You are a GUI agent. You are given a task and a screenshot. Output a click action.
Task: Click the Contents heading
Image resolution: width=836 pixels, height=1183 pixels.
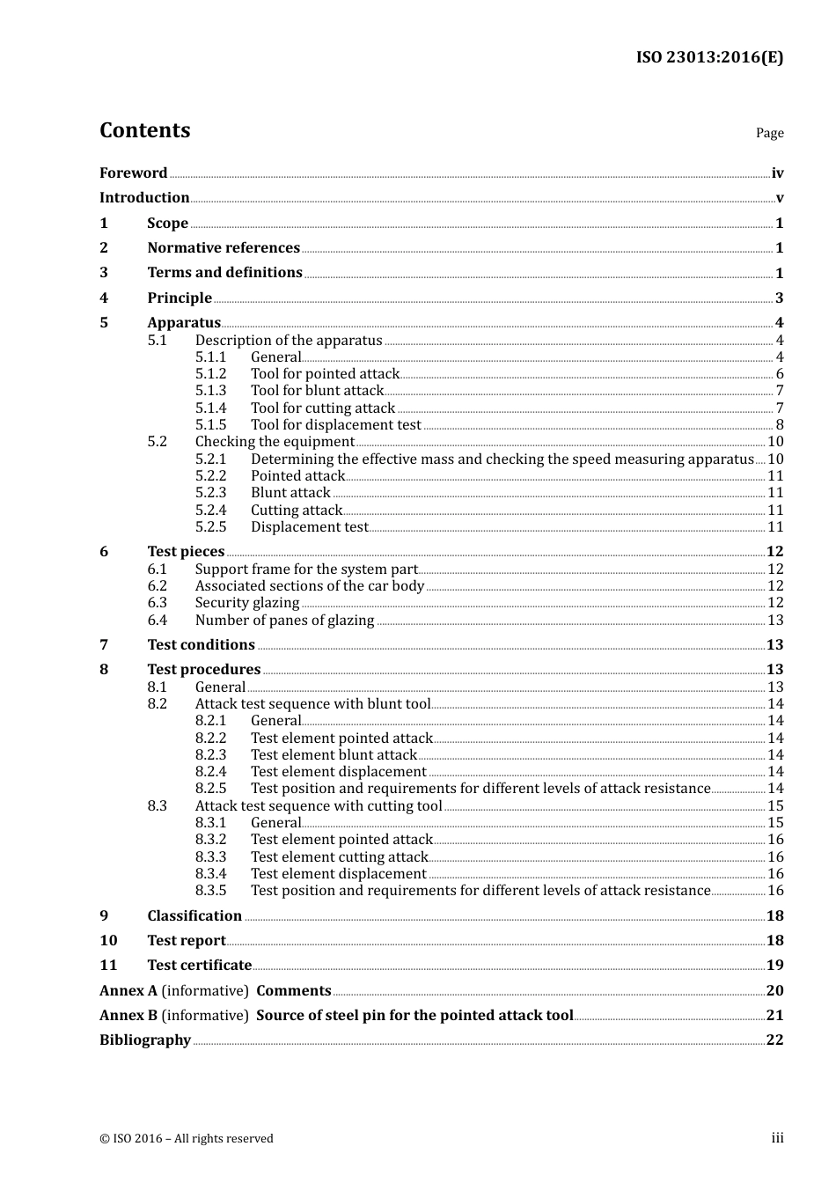click(144, 130)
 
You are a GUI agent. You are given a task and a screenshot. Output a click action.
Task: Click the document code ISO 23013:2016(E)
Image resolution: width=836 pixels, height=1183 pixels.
click(709, 57)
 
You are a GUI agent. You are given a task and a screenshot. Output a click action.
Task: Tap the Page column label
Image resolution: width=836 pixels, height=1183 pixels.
click(769, 133)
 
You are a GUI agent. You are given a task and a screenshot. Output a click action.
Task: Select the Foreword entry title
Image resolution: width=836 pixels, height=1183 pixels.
click(133, 173)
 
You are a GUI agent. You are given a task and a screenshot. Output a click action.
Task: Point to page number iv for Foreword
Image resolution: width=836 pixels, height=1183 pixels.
click(777, 173)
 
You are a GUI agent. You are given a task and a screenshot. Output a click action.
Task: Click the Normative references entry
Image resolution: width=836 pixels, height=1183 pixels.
click(224, 248)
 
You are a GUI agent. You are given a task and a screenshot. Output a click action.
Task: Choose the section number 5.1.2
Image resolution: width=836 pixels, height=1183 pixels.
click(210, 374)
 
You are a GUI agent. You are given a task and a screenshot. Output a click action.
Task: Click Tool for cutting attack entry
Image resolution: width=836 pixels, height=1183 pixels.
click(322, 408)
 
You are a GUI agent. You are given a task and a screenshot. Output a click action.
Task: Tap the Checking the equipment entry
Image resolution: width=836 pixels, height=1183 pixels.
click(275, 442)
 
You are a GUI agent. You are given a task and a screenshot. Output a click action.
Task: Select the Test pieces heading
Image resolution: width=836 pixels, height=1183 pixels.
click(186, 552)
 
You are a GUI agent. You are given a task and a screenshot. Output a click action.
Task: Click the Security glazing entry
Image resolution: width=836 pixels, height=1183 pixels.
click(247, 603)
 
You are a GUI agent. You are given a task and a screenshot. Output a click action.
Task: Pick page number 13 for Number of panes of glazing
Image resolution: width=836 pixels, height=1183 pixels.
click(775, 621)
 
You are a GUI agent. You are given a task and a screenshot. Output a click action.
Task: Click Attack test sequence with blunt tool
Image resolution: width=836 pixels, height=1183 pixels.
click(312, 704)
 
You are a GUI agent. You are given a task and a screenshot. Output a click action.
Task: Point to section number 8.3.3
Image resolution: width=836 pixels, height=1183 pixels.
click(210, 857)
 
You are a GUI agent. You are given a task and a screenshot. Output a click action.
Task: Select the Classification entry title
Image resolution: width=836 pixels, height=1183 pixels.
click(194, 916)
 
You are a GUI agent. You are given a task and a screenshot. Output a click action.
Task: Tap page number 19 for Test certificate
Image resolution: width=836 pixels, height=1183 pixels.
click(774, 966)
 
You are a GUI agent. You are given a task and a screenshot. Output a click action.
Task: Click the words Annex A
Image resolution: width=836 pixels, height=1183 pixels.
click(128, 991)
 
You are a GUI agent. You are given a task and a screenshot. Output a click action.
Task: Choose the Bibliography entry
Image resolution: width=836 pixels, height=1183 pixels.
click(145, 1040)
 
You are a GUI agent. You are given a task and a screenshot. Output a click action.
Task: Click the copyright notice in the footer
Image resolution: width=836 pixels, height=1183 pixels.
click(187, 1139)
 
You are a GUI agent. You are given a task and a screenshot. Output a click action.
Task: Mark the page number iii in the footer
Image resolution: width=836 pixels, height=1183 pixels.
click(777, 1138)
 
